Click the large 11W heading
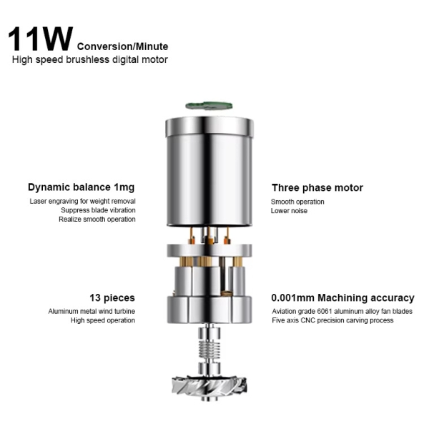pos(41,39)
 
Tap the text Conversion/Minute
pos(122,46)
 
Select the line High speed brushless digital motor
pos(90,59)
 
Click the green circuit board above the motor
pos(209,106)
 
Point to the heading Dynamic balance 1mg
pos(82,187)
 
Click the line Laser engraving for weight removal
pos(83,201)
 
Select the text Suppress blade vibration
pos(98,210)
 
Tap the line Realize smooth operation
pos(97,220)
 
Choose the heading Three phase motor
pos(317,187)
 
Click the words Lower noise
pos(289,211)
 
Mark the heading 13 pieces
pos(112,297)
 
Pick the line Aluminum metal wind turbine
pos(92,311)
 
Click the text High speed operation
pos(103,320)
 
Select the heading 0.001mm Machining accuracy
pos(342,297)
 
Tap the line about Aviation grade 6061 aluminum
pos(342,311)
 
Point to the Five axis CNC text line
pos(332,320)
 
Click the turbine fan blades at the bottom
pos(209,385)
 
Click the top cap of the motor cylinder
pos(209,127)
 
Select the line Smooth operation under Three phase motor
pos(297,202)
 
